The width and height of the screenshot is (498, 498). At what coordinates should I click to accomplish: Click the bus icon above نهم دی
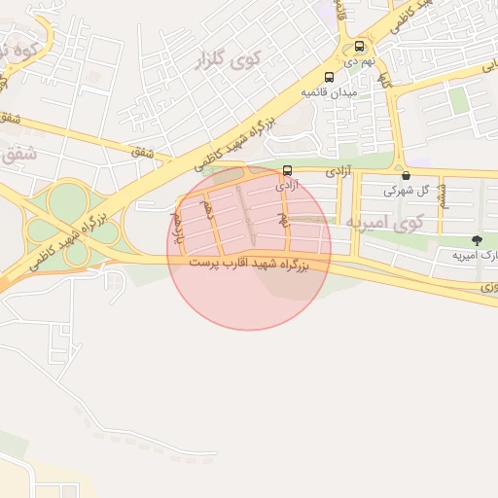(360, 46)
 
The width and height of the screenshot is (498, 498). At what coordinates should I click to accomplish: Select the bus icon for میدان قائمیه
(329, 77)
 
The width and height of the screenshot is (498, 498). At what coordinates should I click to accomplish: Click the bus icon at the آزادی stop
(286, 169)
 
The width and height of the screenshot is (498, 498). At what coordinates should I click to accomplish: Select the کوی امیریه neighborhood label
(384, 223)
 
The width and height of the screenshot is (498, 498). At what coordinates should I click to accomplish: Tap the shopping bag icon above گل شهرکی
(406, 176)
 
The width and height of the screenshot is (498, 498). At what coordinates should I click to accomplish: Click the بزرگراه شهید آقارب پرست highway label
(247, 264)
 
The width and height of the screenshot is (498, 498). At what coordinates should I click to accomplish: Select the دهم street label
(207, 208)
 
